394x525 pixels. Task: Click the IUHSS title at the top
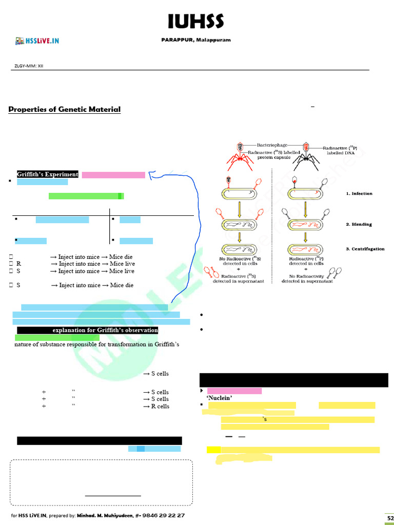click(x=196, y=22)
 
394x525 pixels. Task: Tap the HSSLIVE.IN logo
click(x=37, y=41)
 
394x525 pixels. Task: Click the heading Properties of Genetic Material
click(x=65, y=109)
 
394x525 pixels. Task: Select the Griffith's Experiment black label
click(x=48, y=174)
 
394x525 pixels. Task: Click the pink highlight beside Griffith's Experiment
click(x=113, y=175)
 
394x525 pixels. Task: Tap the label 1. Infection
click(x=359, y=193)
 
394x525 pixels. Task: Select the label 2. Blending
click(x=359, y=225)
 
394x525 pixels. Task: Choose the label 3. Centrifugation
click(x=365, y=249)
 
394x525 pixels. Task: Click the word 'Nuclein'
click(x=220, y=398)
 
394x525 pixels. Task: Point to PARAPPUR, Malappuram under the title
click(x=196, y=40)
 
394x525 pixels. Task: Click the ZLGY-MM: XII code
click(x=29, y=66)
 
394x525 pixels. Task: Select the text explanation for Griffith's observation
click(x=105, y=330)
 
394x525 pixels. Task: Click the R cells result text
click(x=156, y=406)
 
